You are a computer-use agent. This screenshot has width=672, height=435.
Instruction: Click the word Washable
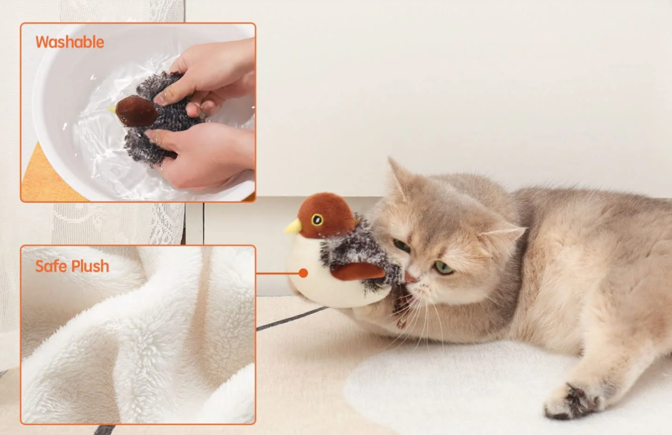(x=70, y=42)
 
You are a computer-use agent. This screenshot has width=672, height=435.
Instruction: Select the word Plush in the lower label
(x=90, y=266)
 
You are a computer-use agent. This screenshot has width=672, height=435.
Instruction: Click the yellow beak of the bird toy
(x=292, y=227)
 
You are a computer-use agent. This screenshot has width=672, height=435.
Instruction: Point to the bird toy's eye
(x=317, y=220)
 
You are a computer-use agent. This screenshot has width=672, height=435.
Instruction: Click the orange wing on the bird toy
(x=357, y=271)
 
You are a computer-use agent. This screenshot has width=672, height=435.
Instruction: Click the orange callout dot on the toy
(x=303, y=273)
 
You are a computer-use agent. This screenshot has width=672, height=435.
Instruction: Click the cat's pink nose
(x=410, y=276)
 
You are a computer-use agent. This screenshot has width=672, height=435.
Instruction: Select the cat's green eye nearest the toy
(x=402, y=246)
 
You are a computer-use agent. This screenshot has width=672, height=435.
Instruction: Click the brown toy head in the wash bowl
(x=136, y=111)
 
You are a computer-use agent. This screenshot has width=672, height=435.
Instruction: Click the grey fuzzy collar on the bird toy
(x=361, y=249)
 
